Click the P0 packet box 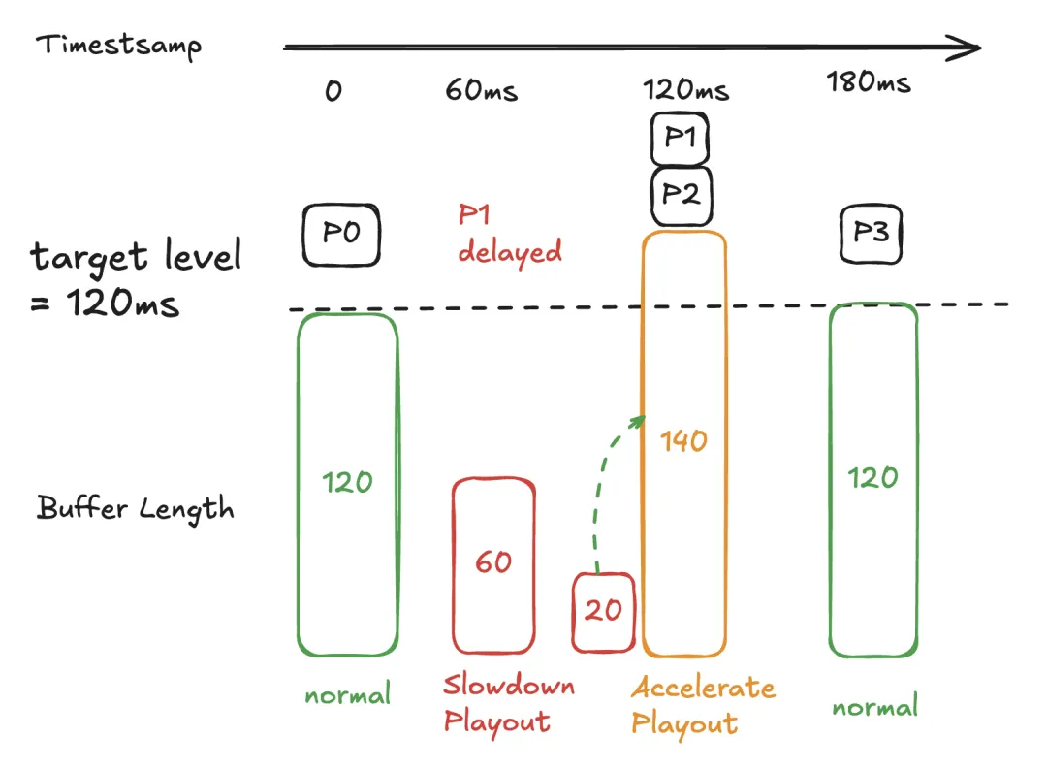click(x=341, y=235)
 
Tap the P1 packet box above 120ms click(x=681, y=139)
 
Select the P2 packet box click(x=681, y=194)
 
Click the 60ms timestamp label click(x=482, y=91)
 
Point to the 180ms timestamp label click(x=869, y=82)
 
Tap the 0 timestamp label click(x=333, y=92)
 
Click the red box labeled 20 click(x=603, y=611)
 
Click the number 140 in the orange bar click(x=684, y=441)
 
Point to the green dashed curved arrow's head click(x=640, y=419)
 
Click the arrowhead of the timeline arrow click(x=969, y=47)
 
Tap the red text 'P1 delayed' click(x=510, y=235)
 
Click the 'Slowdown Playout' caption click(x=508, y=703)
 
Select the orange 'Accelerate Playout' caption click(x=703, y=705)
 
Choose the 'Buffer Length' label click(x=136, y=507)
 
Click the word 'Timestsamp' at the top click(x=119, y=46)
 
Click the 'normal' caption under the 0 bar click(x=348, y=694)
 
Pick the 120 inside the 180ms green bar click(x=873, y=478)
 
